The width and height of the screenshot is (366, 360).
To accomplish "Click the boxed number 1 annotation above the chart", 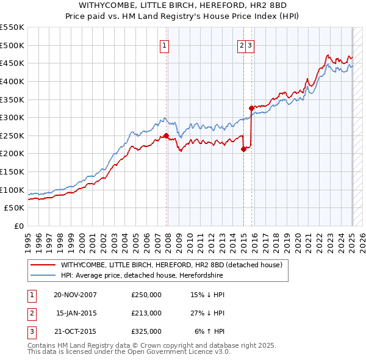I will click(165, 45).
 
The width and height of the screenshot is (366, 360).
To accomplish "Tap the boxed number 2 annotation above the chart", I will click(242, 45).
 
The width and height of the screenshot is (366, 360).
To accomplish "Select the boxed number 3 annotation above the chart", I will click(250, 45).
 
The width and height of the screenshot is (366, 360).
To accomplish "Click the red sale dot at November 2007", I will click(166, 135).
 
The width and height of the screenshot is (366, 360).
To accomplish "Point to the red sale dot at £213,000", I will click(243, 149).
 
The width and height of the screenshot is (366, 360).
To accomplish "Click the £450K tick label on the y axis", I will click(12, 63).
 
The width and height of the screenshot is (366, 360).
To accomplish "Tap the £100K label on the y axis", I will click(12, 190).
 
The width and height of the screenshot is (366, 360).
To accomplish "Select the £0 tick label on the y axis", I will click(18, 226).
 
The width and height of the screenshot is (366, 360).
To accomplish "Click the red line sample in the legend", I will click(43, 265).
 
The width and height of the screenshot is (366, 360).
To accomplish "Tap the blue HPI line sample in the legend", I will click(43, 275).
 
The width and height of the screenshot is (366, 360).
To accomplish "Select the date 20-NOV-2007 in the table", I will click(75, 295).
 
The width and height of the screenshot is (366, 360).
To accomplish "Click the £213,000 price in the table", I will click(146, 313).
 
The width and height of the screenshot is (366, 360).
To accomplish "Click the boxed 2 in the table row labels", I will click(30, 313).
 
